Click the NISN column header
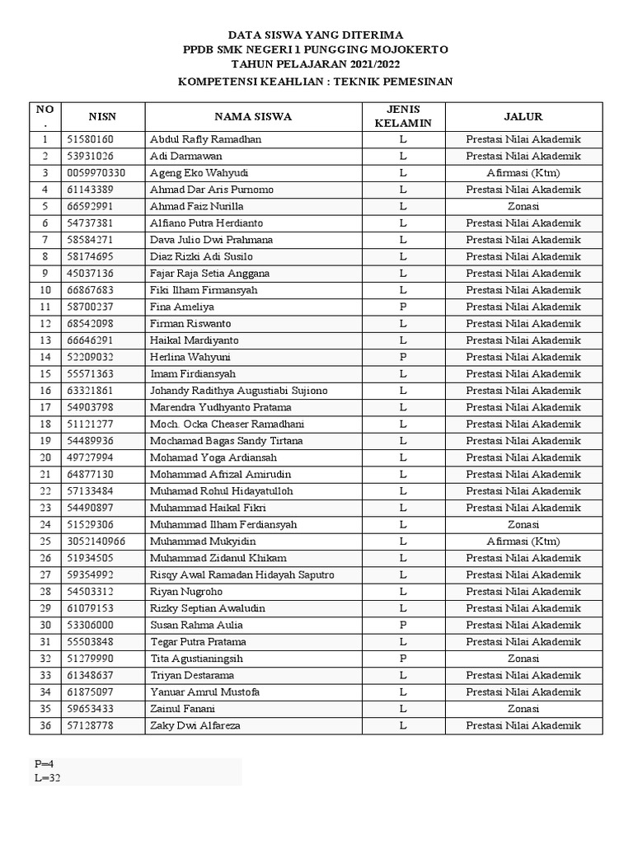pyautogui.click(x=103, y=116)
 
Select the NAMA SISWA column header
pyautogui.click(x=253, y=116)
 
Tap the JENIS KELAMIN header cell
pyautogui.click(x=403, y=116)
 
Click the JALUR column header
pyautogui.click(x=523, y=116)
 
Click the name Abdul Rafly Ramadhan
pyautogui.click(x=205, y=139)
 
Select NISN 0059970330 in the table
pyautogui.click(x=96, y=173)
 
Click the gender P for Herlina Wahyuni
pyautogui.click(x=403, y=357)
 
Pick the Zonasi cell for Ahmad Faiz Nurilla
pyautogui.click(x=523, y=206)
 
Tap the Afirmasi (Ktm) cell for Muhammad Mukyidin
pyautogui.click(x=523, y=542)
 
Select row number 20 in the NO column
pyautogui.click(x=45, y=457)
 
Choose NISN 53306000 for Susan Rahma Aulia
pyautogui.click(x=91, y=625)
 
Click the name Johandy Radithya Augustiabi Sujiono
pyautogui.click(x=238, y=391)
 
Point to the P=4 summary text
pyautogui.click(x=45, y=763)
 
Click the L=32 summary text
pyautogui.click(x=47, y=777)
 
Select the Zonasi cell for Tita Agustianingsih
pyautogui.click(x=523, y=659)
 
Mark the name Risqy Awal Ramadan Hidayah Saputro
pyautogui.click(x=241, y=574)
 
